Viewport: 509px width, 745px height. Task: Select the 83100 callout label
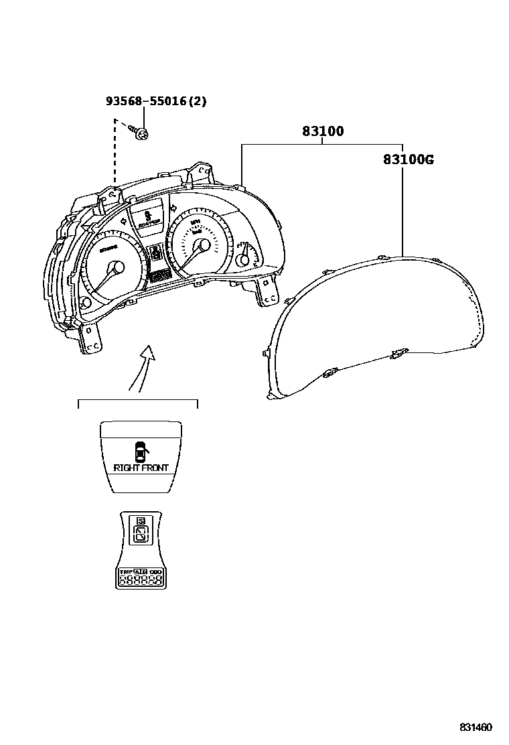coord(322,131)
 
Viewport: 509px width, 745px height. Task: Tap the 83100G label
coord(409,159)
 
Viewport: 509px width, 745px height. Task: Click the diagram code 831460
coord(476,728)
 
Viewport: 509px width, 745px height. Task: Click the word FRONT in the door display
coord(155,468)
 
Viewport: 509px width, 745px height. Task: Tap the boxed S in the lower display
coord(140,521)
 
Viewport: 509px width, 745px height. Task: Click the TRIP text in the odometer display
coord(125,573)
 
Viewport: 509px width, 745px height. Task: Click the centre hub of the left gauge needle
coord(115,268)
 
